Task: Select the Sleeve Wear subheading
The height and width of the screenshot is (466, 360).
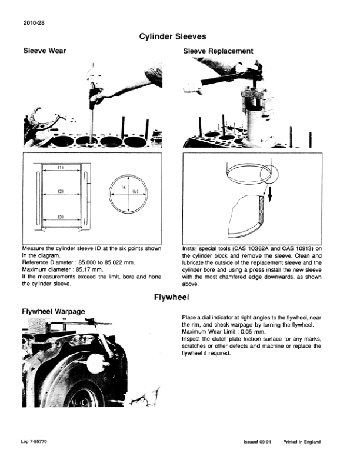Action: click(x=44, y=51)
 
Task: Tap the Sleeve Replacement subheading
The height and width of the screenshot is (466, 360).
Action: click(x=218, y=51)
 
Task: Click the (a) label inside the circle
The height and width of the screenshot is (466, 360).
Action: click(x=125, y=187)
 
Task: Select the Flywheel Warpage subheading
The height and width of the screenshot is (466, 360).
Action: click(x=54, y=311)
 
